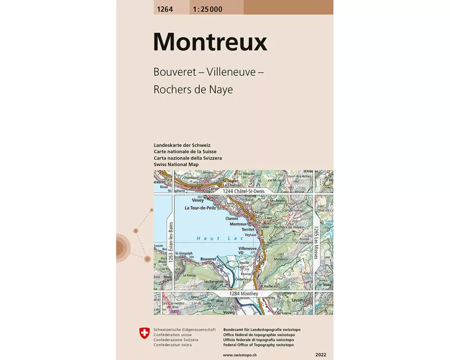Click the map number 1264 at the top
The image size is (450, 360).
[163, 9]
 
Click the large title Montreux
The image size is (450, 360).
[210, 42]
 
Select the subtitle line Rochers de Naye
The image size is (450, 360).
[193, 89]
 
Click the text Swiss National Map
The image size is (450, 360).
[176, 165]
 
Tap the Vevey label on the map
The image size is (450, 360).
[198, 200]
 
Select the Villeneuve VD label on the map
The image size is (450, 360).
[247, 251]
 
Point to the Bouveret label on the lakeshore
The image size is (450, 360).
[208, 259]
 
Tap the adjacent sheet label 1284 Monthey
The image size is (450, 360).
[243, 294]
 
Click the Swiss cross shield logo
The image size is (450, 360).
[144, 333]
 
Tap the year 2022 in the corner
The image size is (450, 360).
[321, 355]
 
